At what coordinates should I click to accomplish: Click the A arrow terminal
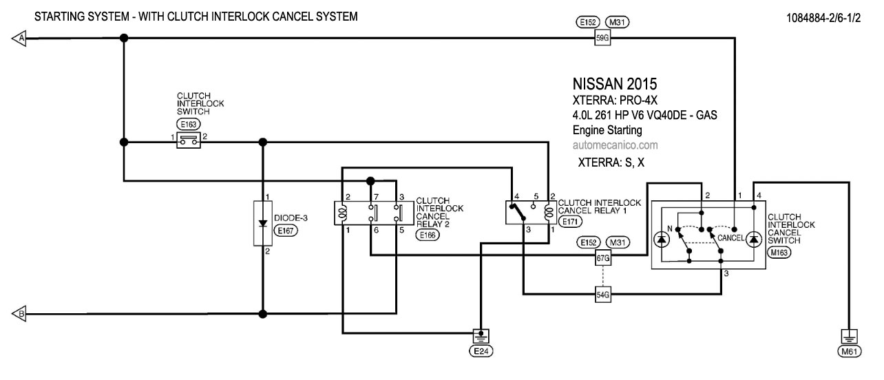[x=19, y=39]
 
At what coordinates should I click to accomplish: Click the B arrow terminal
[x=19, y=314]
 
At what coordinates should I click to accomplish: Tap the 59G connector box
[x=602, y=39]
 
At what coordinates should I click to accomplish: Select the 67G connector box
[x=602, y=258]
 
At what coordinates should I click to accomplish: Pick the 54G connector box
[x=602, y=295]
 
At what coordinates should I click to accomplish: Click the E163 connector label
[x=187, y=125]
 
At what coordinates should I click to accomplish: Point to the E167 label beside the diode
[x=284, y=232]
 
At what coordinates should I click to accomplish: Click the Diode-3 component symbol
[x=262, y=224]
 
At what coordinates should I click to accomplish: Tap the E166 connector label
[x=429, y=235]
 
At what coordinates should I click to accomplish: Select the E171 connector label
[x=569, y=222]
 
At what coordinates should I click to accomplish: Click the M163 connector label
[x=779, y=253]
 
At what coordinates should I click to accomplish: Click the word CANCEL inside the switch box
[x=731, y=238]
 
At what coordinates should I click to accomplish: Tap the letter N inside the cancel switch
[x=669, y=229]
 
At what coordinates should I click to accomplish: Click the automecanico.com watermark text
[x=615, y=145]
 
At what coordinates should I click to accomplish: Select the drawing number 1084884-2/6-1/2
[x=823, y=17]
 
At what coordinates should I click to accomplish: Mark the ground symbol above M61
[x=850, y=337]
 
